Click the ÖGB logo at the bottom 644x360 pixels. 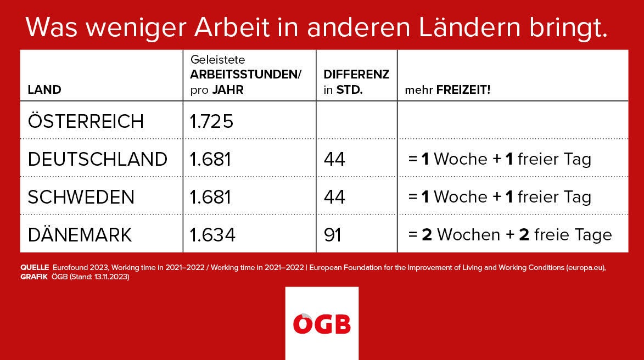tap(322, 323)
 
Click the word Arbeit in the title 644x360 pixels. tap(232, 27)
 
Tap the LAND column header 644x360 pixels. tap(44, 89)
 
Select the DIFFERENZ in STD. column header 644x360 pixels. tap(356, 82)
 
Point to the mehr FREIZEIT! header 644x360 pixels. tap(447, 89)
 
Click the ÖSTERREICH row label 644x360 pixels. tap(86, 121)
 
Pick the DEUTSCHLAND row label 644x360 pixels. tap(97, 159)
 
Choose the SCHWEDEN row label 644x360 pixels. tap(81, 197)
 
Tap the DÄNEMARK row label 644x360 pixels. tap(80, 234)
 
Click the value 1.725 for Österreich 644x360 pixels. tap(211, 121)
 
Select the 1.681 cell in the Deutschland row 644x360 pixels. tap(210, 159)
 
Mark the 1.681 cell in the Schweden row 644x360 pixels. tap(210, 197)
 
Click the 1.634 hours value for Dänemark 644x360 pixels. tap(212, 235)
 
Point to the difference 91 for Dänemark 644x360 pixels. tap(333, 235)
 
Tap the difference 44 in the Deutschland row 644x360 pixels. tap(334, 159)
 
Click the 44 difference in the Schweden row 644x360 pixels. tap(334, 197)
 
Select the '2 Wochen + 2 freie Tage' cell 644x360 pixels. tap(510, 235)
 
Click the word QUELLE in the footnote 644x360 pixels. tap(35, 267)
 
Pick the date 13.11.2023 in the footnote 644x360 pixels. tap(111, 277)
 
